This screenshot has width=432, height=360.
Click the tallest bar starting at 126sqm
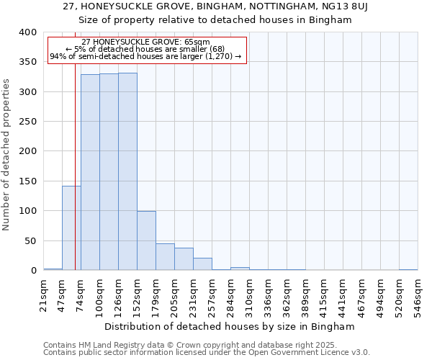coord(127,171)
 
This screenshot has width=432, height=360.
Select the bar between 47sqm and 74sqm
coord(71,228)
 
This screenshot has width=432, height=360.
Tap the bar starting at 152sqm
coord(146,240)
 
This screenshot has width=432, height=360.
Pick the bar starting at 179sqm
coord(165,257)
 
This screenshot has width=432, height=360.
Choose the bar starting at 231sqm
coord(202,264)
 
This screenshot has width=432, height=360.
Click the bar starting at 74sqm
coord(90,172)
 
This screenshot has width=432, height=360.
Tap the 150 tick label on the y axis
coord(27,181)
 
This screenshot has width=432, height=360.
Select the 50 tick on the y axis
coord(30,240)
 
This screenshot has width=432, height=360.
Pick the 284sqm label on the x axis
coord(230,295)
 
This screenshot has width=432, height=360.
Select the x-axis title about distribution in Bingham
coord(230,326)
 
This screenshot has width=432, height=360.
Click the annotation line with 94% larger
coord(145,56)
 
